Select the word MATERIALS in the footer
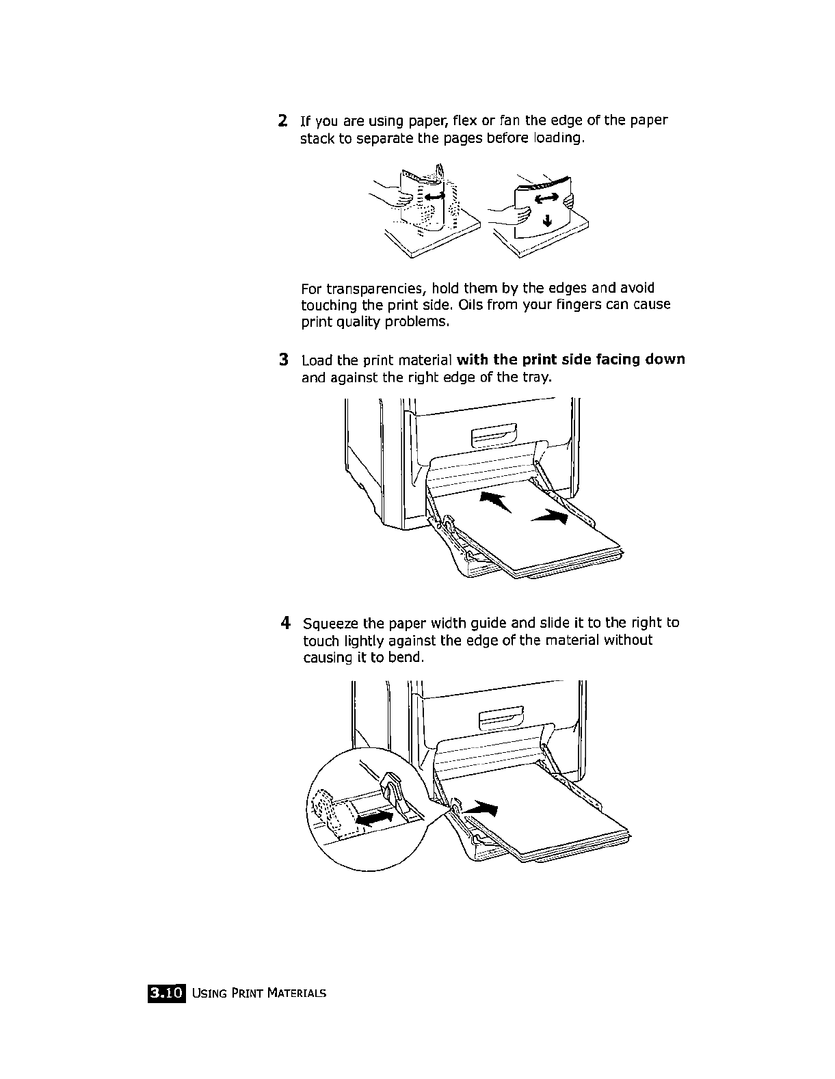297,993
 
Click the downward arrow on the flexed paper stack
546,219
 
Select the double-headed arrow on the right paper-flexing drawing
547,198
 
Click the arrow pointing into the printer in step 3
495,501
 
